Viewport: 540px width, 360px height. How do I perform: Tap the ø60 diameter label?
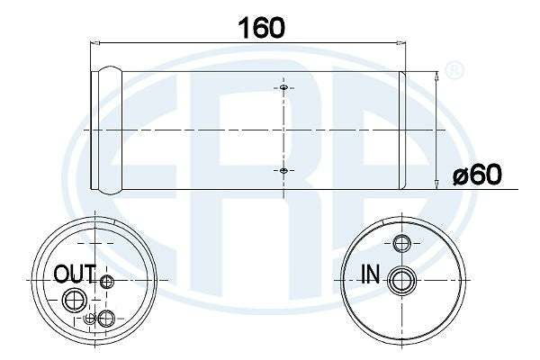(477, 174)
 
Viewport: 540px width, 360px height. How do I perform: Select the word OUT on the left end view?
(75, 274)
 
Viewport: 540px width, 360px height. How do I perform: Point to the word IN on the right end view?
(369, 274)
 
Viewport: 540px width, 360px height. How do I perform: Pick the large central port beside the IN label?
(399, 282)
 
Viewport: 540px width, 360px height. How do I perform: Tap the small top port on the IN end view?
(402, 242)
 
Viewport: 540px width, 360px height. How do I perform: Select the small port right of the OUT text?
(108, 283)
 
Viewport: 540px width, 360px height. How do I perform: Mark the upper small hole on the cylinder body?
(283, 89)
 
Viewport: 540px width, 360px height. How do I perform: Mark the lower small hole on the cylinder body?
(283, 170)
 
